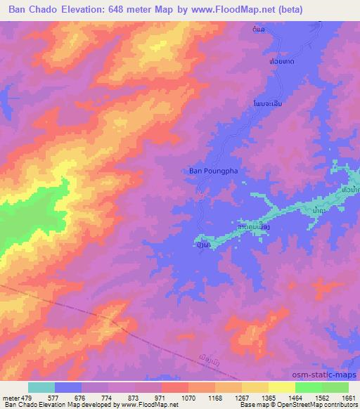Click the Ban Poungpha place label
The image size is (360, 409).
click(x=212, y=169)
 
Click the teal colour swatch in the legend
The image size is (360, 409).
click(x=41, y=387)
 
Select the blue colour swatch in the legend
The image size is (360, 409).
click(x=68, y=387)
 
